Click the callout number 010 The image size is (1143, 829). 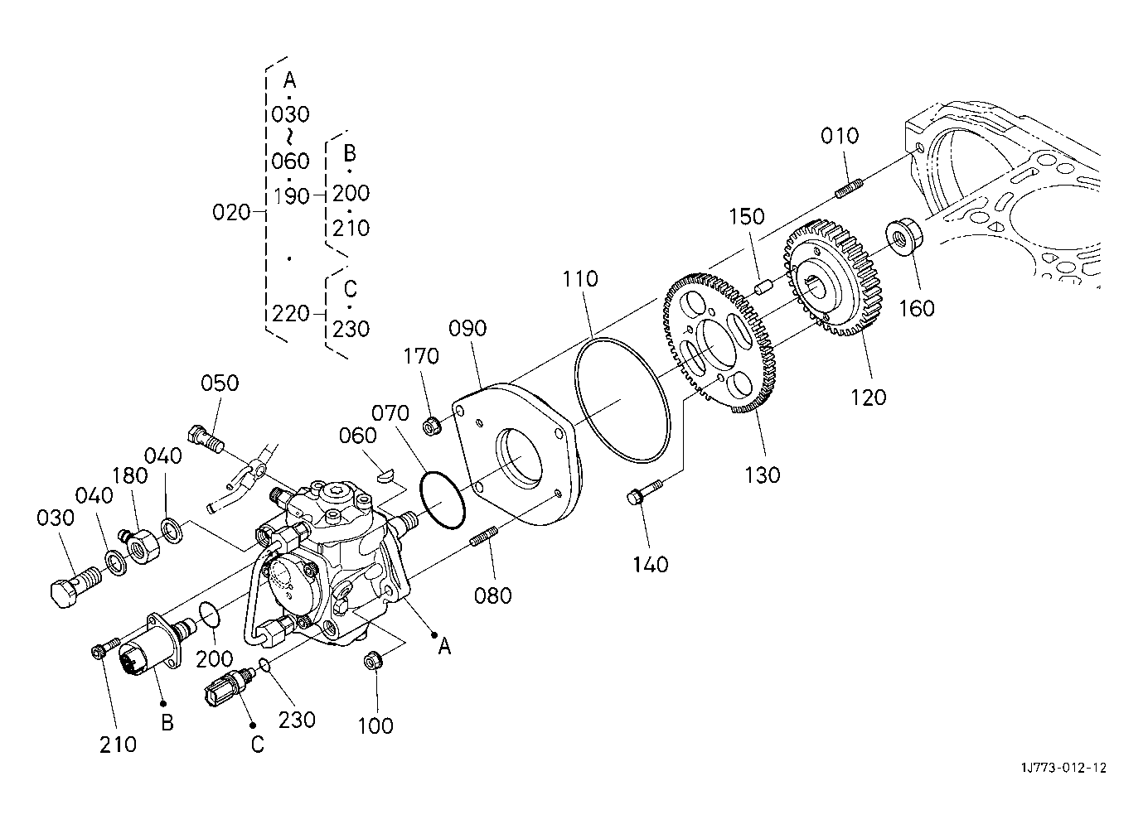tap(840, 136)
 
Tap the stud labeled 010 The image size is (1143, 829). tap(849, 188)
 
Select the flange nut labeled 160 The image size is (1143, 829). tap(903, 237)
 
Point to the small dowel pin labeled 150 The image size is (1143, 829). tap(763, 287)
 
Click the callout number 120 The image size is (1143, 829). tap(868, 398)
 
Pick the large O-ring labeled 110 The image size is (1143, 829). tap(622, 400)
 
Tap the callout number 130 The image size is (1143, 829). tap(763, 475)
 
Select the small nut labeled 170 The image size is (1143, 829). tap(433, 425)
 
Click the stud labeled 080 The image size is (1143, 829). tap(484, 537)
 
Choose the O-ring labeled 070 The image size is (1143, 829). tap(443, 501)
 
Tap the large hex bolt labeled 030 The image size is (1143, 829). tap(75, 587)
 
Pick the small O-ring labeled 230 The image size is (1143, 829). tap(264, 664)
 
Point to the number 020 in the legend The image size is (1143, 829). tap(231, 212)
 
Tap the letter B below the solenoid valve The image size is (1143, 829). tap(167, 722)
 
